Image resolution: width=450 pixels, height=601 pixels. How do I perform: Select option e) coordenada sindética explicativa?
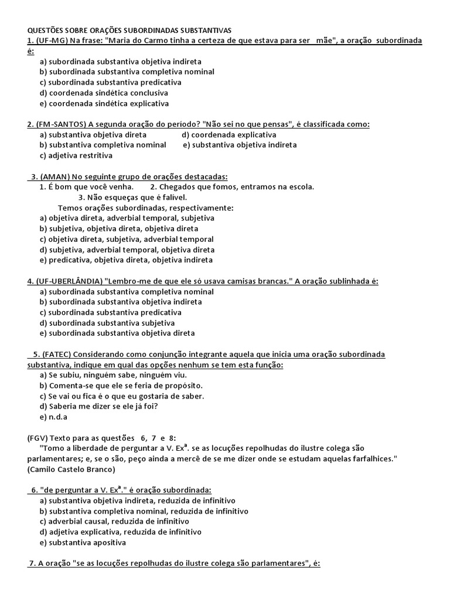pos(104,104)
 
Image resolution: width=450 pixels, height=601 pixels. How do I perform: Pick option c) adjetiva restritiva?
pos(76,156)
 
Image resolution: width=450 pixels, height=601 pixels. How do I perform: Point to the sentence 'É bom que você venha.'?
pos(91,187)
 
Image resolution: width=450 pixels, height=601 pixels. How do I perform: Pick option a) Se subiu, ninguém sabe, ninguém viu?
pos(113,375)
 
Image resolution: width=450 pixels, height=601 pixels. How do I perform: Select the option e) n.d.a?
pos(54,417)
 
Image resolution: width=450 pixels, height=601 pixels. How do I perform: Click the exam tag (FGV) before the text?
pos(38,438)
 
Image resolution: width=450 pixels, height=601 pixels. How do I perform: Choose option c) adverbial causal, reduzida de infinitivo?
pos(114,521)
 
